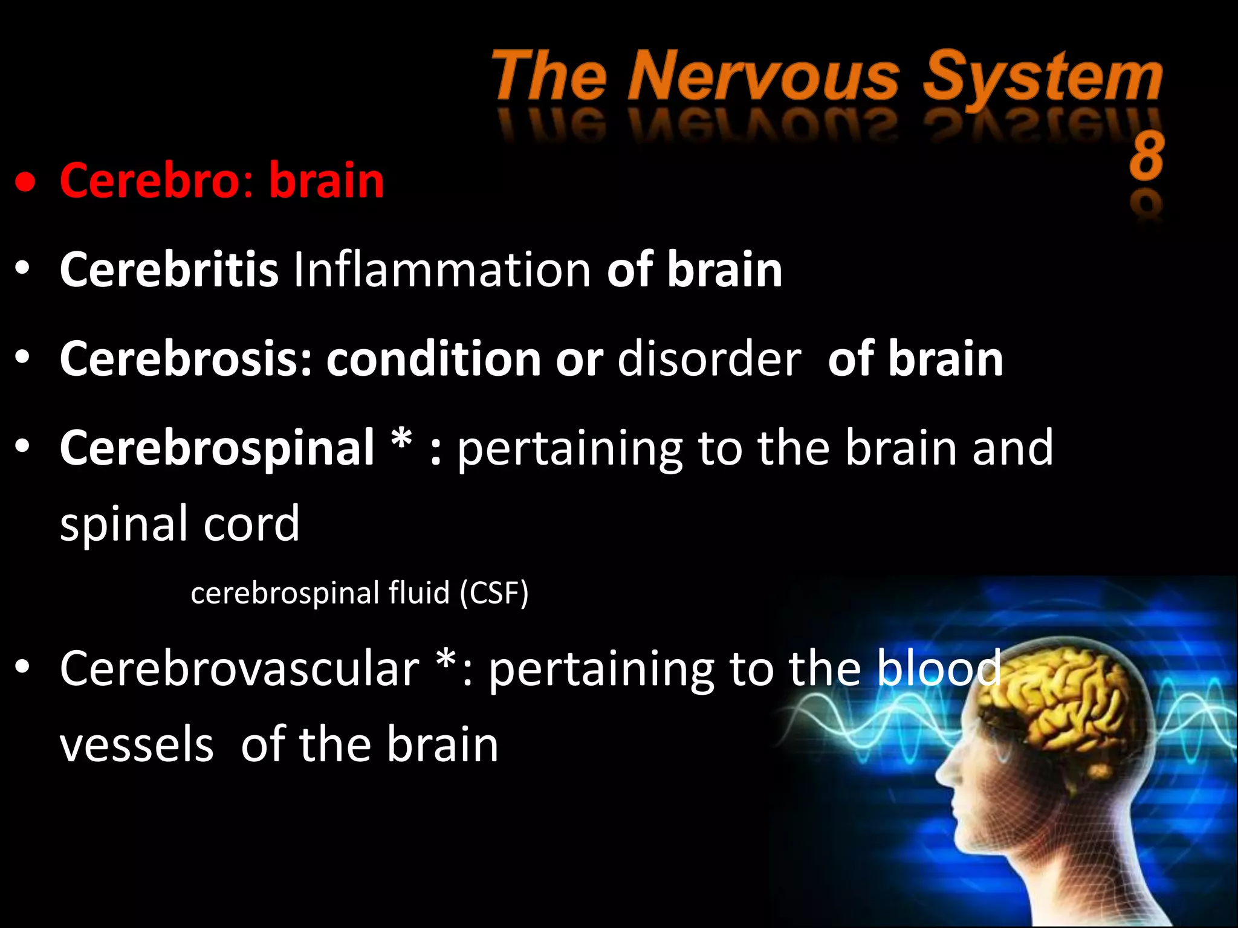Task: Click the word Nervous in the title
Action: (764, 77)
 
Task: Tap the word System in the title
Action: (1042, 77)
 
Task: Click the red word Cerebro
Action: (151, 180)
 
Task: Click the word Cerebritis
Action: (169, 269)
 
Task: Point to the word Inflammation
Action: (442, 269)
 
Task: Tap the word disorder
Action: (709, 358)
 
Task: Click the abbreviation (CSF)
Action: (494, 593)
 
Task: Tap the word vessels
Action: (137, 744)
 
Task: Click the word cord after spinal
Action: (251, 523)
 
